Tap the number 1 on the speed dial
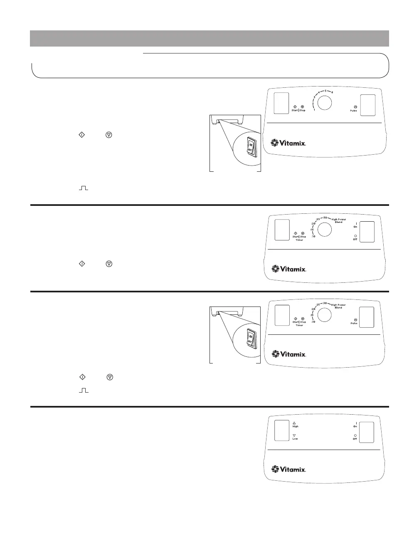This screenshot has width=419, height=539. tap(314, 110)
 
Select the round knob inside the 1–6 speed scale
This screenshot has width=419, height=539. tap(325, 103)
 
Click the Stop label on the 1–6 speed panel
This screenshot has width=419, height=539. tap(302, 110)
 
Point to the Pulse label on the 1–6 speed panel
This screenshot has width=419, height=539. tap(353, 111)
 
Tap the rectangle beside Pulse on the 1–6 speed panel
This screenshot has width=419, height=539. tap(367, 105)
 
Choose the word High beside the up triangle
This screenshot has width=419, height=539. tap(295, 426)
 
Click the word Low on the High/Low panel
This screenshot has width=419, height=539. tap(295, 439)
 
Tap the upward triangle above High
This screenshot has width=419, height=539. tap(294, 423)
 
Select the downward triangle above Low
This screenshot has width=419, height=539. tap(294, 435)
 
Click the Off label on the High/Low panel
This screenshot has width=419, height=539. tap(355, 439)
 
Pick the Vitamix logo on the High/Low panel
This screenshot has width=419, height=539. tap(289, 469)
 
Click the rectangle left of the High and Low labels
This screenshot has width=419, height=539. tap(281, 430)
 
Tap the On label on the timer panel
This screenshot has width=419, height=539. tap(355, 227)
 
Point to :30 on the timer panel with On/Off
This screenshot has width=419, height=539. tap(325, 218)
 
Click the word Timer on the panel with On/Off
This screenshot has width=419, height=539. tap(299, 240)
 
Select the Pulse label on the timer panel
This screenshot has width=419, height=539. tap(354, 323)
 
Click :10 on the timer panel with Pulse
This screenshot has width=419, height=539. tap(313, 321)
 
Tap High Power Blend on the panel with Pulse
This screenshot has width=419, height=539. tap(338, 306)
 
